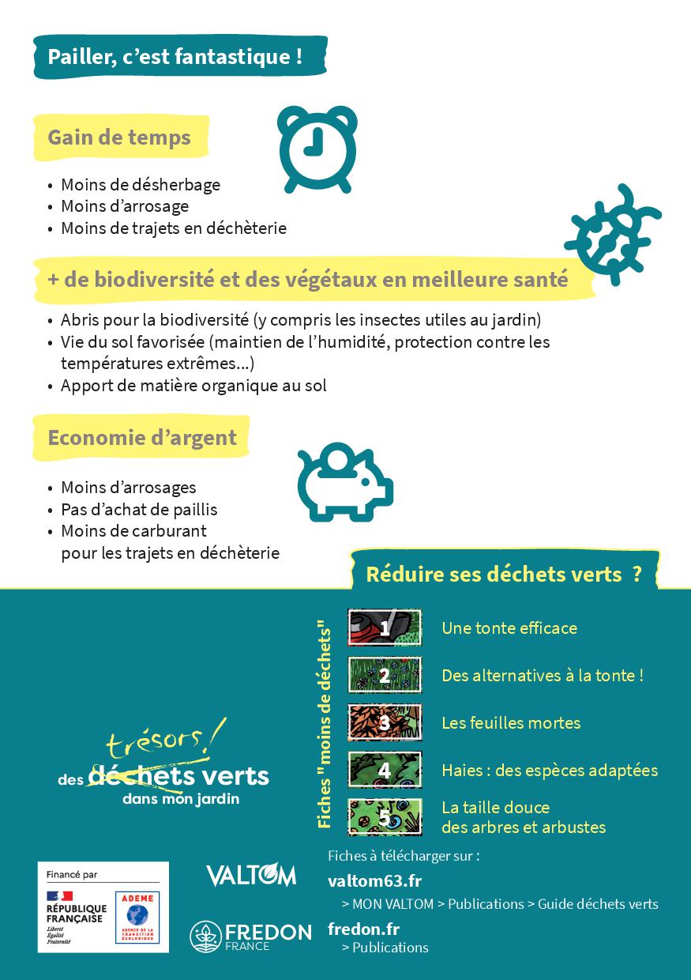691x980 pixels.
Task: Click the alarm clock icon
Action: pyautogui.click(x=318, y=149)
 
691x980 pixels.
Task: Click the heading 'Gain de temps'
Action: pyautogui.click(x=119, y=138)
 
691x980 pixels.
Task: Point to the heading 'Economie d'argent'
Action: pyautogui.click(x=142, y=437)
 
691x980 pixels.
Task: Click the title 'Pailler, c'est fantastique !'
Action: pyautogui.click(x=175, y=57)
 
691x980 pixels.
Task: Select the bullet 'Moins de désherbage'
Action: pyautogui.click(x=141, y=185)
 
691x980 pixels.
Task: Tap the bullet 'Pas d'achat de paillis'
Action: pyautogui.click(x=139, y=509)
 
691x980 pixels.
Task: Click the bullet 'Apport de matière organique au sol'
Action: pyautogui.click(x=193, y=386)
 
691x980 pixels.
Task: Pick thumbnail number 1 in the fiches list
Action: pyautogui.click(x=385, y=628)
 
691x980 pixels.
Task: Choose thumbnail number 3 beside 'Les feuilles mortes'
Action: pyautogui.click(x=385, y=722)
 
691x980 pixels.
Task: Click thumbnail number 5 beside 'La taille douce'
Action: pyautogui.click(x=385, y=816)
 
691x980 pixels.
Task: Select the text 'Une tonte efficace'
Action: pyautogui.click(x=509, y=628)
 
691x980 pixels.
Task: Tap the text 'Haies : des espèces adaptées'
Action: pyautogui.click(x=550, y=770)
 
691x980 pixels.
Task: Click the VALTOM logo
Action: pyautogui.click(x=250, y=875)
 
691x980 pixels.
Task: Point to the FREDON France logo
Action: pyautogui.click(x=250, y=937)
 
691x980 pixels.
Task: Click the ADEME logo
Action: pyautogui.click(x=137, y=917)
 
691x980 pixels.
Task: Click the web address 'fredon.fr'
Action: pyautogui.click(x=363, y=929)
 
